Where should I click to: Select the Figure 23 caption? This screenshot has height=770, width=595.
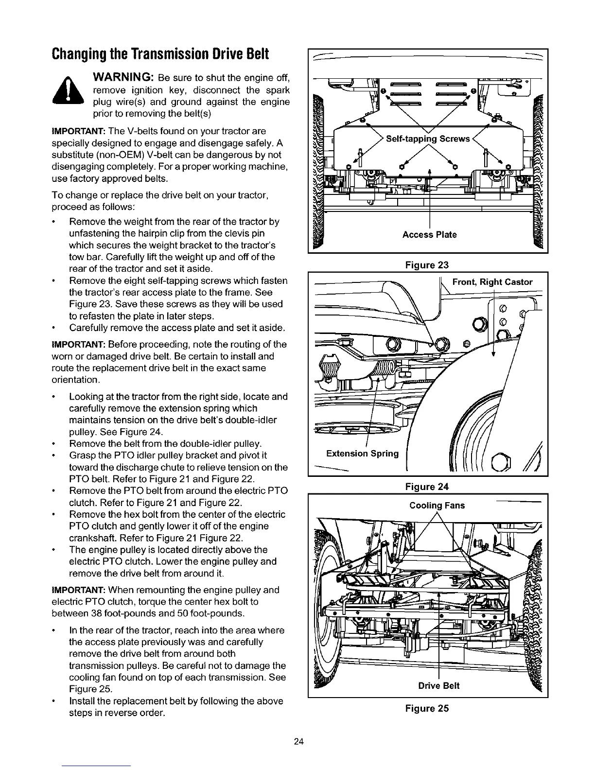[428, 265]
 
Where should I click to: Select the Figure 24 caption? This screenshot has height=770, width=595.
[428, 487]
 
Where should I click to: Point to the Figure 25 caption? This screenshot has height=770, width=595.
[428, 708]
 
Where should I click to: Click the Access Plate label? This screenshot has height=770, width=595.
[429, 235]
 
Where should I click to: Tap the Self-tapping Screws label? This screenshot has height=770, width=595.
[428, 139]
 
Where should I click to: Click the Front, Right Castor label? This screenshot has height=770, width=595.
[492, 282]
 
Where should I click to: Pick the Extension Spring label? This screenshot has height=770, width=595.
[362, 454]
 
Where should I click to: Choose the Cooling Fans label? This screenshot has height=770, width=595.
[437, 506]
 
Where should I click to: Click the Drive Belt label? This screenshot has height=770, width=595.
[438, 686]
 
